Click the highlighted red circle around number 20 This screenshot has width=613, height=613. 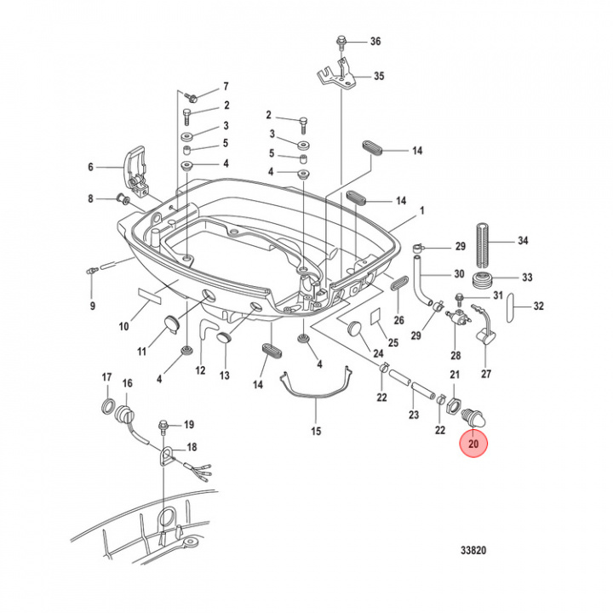pos(474,443)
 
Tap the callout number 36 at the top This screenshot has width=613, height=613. pos(375,42)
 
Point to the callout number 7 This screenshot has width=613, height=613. pos(226,87)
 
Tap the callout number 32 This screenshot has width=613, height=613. pos(537,306)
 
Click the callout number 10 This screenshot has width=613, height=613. pos(124,325)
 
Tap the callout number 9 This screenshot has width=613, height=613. pos(94,305)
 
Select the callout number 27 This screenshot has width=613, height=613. pos(486,373)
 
